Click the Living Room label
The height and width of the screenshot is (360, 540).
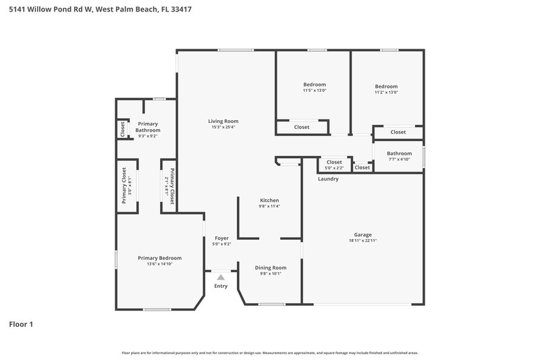[223, 121]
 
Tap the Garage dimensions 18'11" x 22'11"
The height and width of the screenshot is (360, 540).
[362, 240]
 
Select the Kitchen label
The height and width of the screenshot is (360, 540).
[269, 200]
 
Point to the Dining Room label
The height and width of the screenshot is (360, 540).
[270, 267]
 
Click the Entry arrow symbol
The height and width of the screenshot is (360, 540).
[221, 276]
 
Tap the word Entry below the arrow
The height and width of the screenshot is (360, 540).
[221, 286]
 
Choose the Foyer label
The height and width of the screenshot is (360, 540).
[221, 238]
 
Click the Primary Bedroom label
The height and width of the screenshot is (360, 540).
[159, 257]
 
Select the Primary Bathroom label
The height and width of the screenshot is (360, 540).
[148, 127]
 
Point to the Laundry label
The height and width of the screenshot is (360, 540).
[328, 179]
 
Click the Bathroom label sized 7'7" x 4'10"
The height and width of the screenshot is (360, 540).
[399, 153]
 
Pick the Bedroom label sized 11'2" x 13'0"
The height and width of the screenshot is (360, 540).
[386, 86]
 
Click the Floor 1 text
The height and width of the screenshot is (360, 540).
[21, 324]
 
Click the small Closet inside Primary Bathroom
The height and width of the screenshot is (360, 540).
[123, 128]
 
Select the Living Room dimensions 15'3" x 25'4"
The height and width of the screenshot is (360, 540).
[224, 127]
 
